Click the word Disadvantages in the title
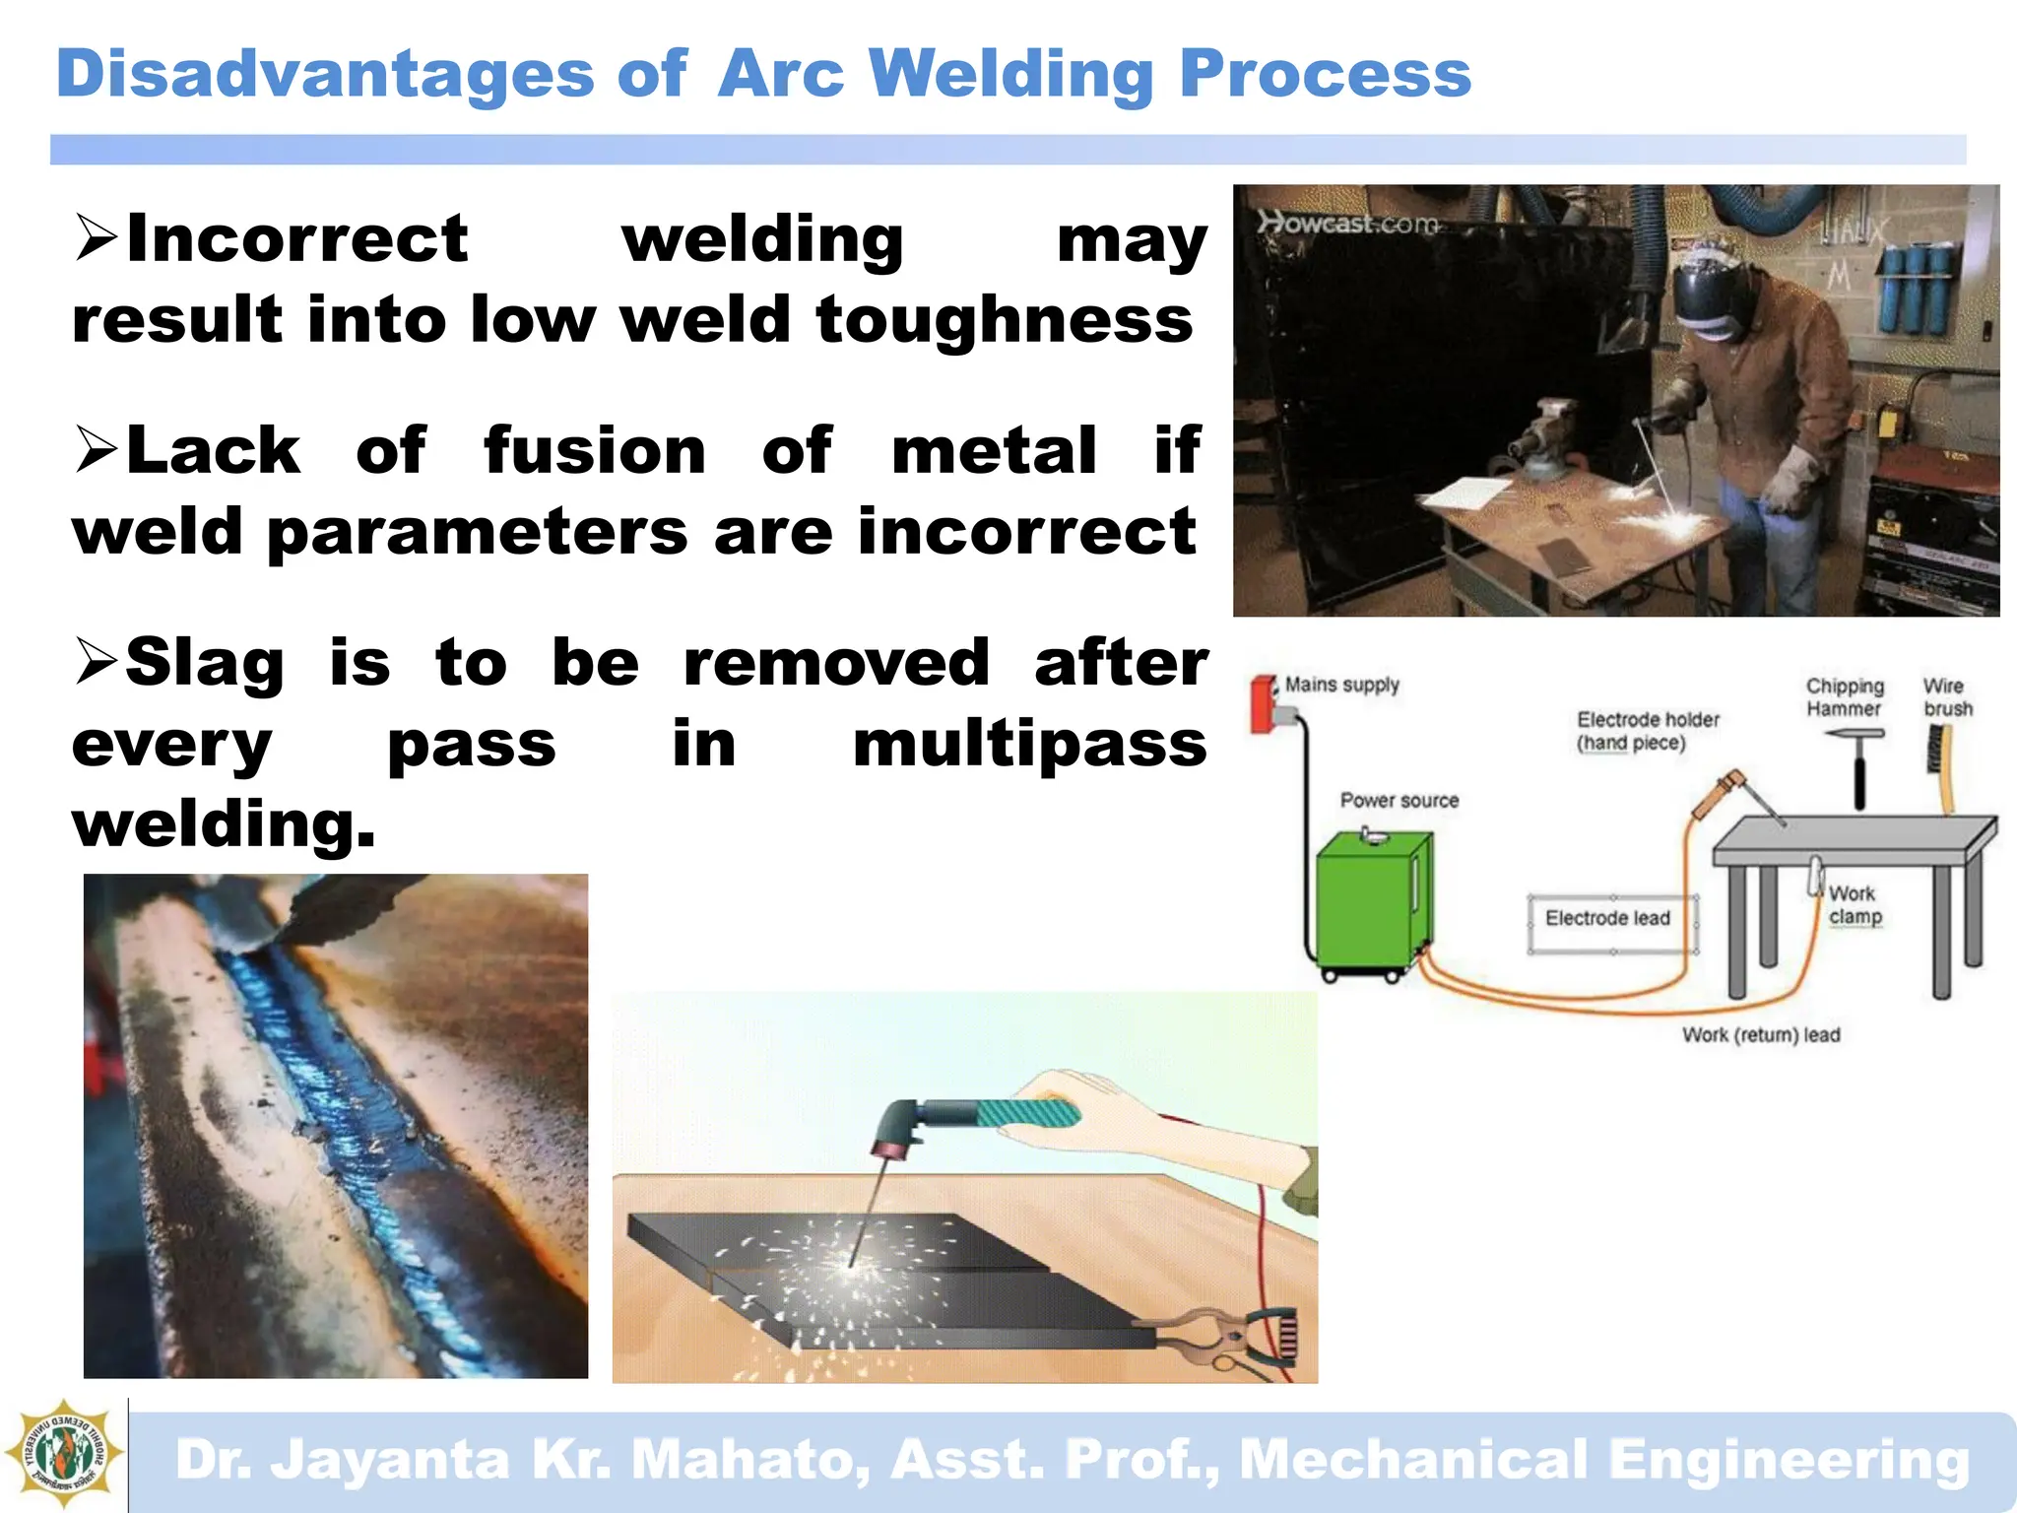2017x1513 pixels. pyautogui.click(x=325, y=75)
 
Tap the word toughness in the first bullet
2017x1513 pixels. pyautogui.click(x=1004, y=320)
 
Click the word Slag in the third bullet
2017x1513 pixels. pyautogui.click(x=205, y=662)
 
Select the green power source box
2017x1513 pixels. pyautogui.click(x=1371, y=901)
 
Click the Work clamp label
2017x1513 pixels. pyautogui.click(x=1854, y=905)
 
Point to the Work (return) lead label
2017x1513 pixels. pyautogui.click(x=1761, y=1034)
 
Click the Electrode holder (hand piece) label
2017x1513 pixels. pyautogui.click(x=1647, y=731)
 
